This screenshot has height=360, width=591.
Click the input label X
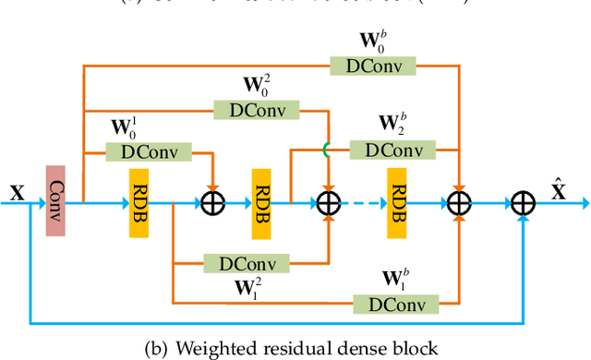click(16, 192)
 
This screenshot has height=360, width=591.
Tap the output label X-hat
click(559, 190)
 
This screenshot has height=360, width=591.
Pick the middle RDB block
click(261, 202)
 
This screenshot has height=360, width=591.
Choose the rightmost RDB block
click(398, 202)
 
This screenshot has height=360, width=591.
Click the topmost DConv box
click(373, 66)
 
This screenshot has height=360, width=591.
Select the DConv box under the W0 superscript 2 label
click(257, 109)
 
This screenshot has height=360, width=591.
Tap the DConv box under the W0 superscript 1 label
click(149, 151)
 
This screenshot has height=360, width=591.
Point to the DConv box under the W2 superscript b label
click(393, 149)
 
